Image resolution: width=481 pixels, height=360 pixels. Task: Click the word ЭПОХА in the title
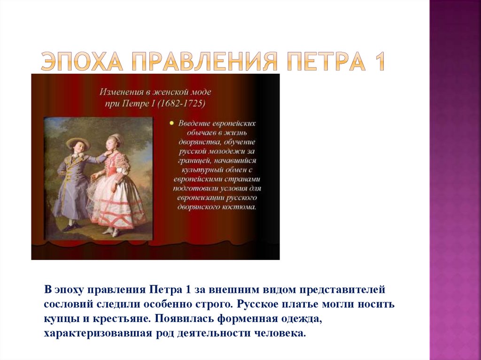coord(82,61)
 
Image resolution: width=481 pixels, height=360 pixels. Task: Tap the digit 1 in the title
coord(379,61)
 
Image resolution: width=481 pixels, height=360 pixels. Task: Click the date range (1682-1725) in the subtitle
coord(181,104)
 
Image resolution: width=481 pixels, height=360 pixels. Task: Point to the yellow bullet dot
coord(171,123)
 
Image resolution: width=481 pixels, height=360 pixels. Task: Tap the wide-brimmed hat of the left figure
coord(78,142)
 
